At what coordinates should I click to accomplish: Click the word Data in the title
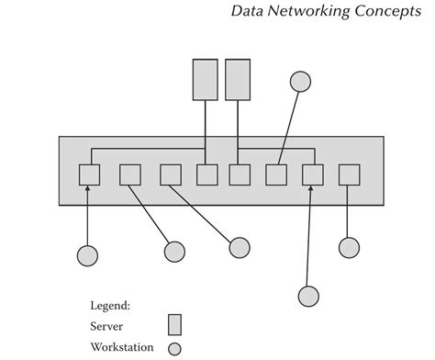point(247,13)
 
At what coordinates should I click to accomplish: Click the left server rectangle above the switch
point(205,79)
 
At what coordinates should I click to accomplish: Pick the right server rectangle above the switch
point(238,79)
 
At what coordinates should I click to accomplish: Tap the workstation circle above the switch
point(301,82)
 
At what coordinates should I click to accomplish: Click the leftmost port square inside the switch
point(89,174)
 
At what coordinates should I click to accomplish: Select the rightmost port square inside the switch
point(349,174)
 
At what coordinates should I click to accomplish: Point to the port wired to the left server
point(207,174)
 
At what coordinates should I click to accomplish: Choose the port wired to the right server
point(240,174)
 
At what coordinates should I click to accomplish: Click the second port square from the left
point(130,174)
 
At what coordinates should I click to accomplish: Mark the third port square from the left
point(171,174)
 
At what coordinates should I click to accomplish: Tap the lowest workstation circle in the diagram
point(308,295)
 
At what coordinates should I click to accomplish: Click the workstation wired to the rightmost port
point(348,247)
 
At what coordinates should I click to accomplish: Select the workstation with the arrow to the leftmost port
point(87,254)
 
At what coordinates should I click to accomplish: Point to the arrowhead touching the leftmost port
point(89,189)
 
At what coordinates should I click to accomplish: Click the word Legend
point(111,304)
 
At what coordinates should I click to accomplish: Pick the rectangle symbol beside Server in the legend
point(174,325)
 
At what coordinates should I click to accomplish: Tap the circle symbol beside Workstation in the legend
point(174,348)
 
